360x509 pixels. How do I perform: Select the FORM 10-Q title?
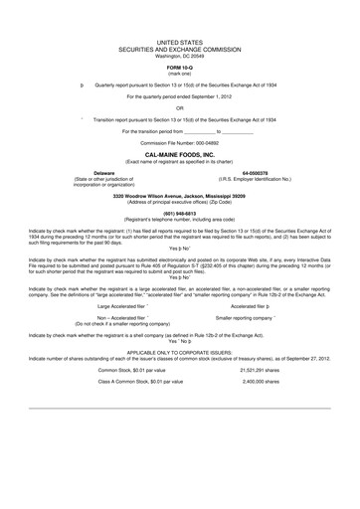pyautogui.click(x=180, y=80)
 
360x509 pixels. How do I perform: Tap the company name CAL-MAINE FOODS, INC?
pyautogui.click(x=180, y=157)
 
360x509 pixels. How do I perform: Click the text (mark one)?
pyautogui.click(x=180, y=86)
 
